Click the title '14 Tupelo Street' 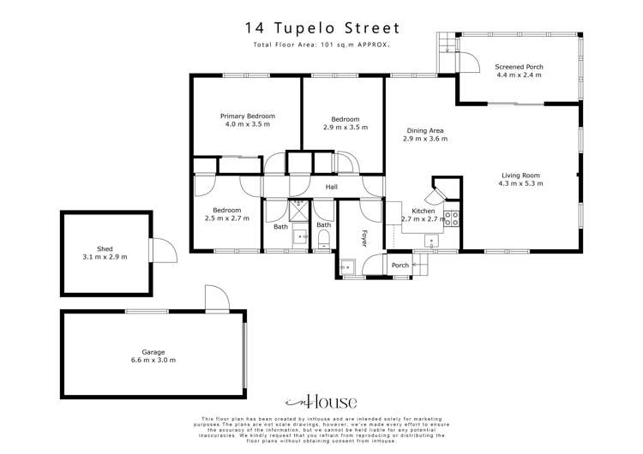321,27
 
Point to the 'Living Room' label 520,175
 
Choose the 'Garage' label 153,351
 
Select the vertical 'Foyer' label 364,238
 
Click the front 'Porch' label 400,266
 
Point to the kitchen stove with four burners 453,217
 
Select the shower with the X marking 299,207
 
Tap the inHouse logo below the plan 321,401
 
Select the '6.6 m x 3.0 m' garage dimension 153,361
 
